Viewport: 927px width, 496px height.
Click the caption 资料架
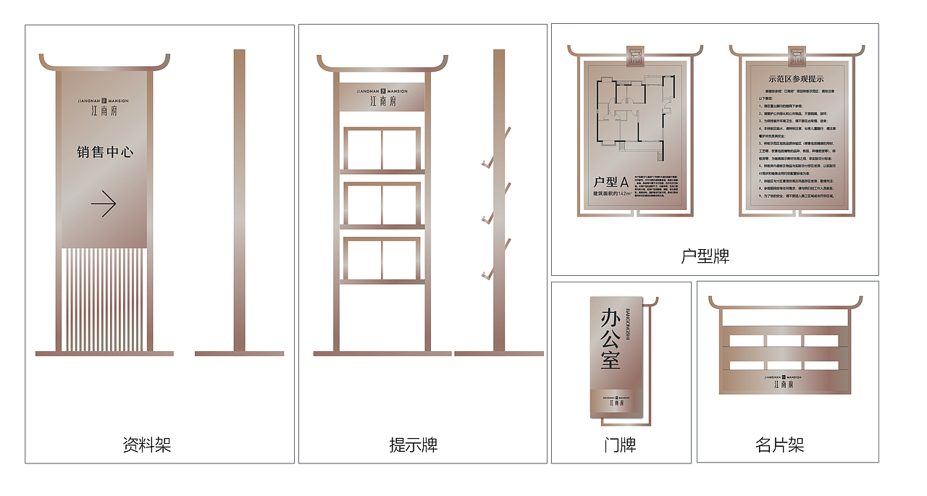[x=147, y=444]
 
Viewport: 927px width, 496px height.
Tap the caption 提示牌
[x=414, y=444]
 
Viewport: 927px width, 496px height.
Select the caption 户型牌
[x=705, y=256]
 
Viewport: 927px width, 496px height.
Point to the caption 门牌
[x=620, y=444]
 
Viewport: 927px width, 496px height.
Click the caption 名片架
[x=780, y=444]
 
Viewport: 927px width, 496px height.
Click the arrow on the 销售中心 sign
[x=104, y=204]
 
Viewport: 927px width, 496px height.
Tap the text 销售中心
[x=105, y=152]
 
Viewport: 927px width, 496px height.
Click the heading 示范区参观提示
[x=796, y=79]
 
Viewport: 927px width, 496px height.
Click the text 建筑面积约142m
[x=613, y=193]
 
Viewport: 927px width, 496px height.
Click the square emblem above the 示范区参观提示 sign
[x=797, y=51]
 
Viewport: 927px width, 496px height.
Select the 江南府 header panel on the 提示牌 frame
[x=382, y=97]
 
